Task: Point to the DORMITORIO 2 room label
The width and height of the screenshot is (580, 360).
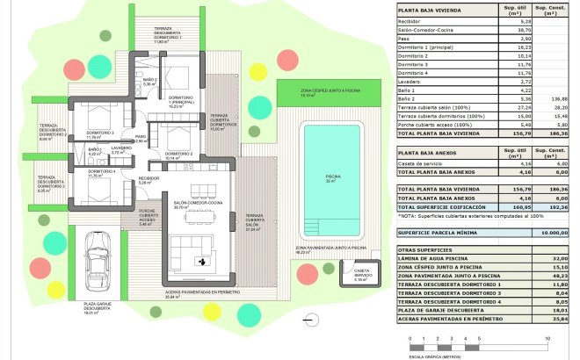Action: pyautogui.click(x=180, y=154)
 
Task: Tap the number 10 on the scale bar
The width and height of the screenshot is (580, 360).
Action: pyautogui.click(x=547, y=338)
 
